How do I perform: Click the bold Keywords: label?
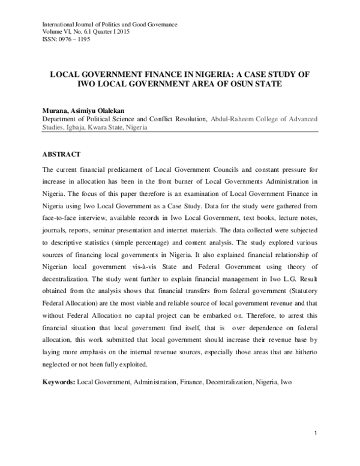pos(58,382)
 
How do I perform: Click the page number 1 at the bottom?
pos(315,433)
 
